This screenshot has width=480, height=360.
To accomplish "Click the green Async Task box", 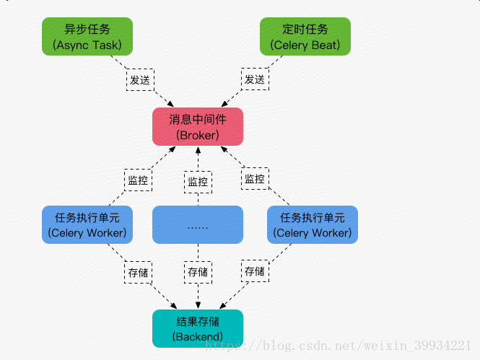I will [x=87, y=37].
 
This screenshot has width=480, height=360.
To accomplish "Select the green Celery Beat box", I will [x=305, y=37].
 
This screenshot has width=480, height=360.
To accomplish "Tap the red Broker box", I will [x=198, y=126].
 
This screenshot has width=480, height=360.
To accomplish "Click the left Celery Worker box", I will [x=87, y=224].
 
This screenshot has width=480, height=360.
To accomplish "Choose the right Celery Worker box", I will [x=313, y=224].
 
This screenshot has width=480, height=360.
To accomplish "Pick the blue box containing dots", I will [x=198, y=224].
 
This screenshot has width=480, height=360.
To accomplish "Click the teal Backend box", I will [x=198, y=328].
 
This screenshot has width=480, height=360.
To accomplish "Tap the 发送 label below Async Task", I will [x=140, y=79].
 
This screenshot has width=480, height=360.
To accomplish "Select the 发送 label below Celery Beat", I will [x=255, y=79].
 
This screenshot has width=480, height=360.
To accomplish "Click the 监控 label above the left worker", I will [x=138, y=180].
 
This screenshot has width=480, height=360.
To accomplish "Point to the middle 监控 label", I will [x=198, y=181].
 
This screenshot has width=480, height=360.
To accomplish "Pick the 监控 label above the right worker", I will [x=255, y=178].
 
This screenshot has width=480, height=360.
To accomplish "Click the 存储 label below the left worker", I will [x=139, y=273].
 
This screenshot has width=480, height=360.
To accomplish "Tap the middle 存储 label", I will [x=198, y=272].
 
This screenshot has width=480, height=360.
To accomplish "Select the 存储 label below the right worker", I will [x=255, y=271].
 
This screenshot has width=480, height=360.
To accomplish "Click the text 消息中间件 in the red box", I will [x=198, y=119].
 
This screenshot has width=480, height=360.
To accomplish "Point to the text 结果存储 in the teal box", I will [x=198, y=321].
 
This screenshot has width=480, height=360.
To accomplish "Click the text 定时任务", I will [x=305, y=30].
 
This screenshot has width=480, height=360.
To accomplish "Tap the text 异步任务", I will [x=87, y=30].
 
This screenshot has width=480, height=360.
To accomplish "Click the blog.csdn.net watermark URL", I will [x=339, y=346].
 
